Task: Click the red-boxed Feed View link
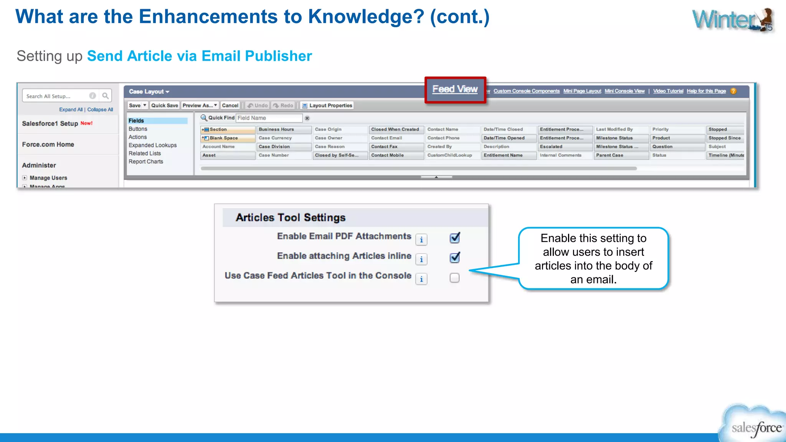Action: [x=455, y=89]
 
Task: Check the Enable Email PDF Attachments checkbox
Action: [x=455, y=238]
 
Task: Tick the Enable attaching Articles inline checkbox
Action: [x=455, y=257]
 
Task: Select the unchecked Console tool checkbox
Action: [x=454, y=278]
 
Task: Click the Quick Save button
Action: [x=165, y=106]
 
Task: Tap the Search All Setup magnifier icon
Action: [x=106, y=96]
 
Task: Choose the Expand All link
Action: [x=71, y=110]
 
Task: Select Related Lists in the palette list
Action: [x=145, y=153]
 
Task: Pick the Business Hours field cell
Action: [x=284, y=130]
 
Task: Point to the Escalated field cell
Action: [x=565, y=147]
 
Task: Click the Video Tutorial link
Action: [x=668, y=91]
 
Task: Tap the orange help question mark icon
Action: [x=733, y=91]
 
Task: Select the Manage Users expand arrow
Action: [x=25, y=178]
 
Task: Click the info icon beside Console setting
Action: [x=421, y=279]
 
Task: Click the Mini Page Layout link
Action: [x=582, y=91]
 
